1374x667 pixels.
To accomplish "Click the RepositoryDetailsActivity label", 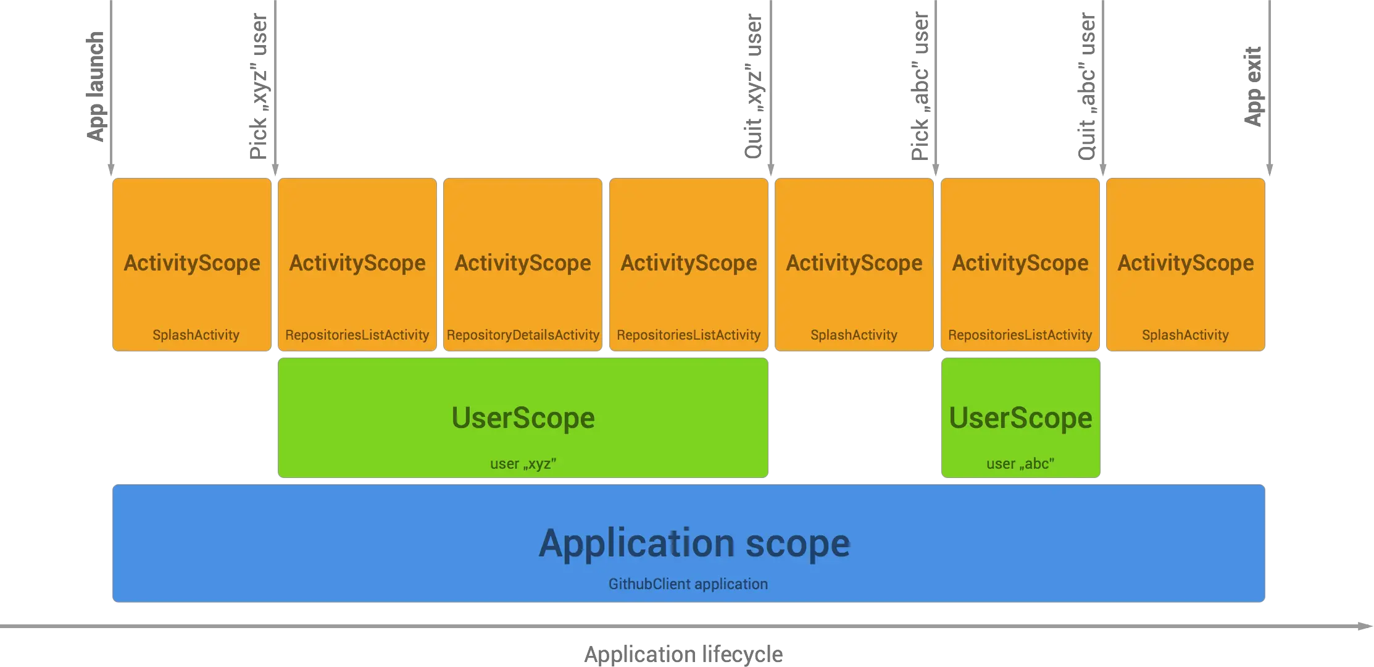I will (x=523, y=335).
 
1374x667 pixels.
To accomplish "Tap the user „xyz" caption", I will (x=523, y=464).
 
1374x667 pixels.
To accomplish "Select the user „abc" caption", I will (x=1020, y=464).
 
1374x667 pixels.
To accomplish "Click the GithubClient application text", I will (x=688, y=584).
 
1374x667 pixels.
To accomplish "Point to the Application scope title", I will (x=694, y=543).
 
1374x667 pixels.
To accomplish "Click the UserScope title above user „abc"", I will (x=1020, y=418).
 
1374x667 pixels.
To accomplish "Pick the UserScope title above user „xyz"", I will (x=523, y=418).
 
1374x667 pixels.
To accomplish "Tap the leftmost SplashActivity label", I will (x=196, y=335).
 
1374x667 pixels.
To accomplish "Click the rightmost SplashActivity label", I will (x=1185, y=335).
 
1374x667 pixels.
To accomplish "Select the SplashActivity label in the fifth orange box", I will (x=854, y=335).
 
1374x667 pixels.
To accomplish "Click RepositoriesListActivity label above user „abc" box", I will (x=1020, y=335).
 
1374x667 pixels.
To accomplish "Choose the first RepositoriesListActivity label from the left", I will (x=357, y=335).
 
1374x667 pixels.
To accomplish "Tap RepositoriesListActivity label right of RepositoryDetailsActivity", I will (x=688, y=335).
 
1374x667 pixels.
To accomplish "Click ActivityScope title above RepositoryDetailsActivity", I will (x=523, y=263).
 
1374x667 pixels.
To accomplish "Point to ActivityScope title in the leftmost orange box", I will (x=192, y=263).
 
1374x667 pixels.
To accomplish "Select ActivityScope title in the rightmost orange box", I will (x=1186, y=263).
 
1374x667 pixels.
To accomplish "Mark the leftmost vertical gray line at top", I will (x=111, y=80).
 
